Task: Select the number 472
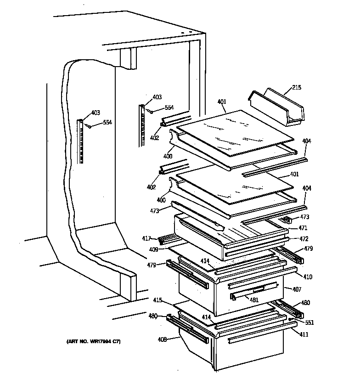(303, 239)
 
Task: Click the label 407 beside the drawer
(297, 289)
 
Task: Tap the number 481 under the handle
(253, 300)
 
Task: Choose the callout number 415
(157, 300)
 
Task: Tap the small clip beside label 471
(287, 220)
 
